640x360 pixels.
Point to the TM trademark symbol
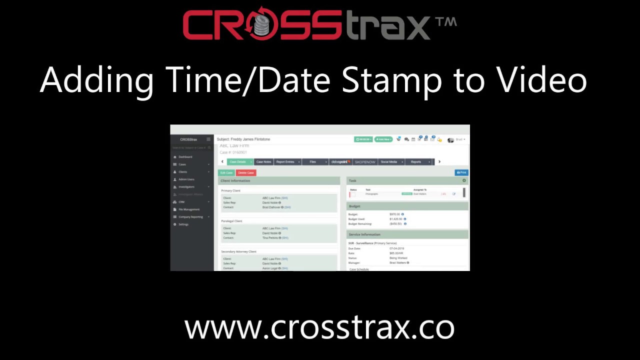click(x=445, y=22)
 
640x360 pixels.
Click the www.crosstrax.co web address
click(x=319, y=328)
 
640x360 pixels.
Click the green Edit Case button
click(x=226, y=172)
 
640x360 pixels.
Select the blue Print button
click(x=461, y=172)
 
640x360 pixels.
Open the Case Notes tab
click(x=263, y=162)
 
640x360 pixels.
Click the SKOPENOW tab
click(x=364, y=162)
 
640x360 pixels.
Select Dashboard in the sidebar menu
click(x=185, y=157)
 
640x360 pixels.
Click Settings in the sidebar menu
click(x=183, y=224)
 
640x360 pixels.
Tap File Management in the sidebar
click(x=189, y=209)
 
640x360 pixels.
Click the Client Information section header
click(x=235, y=180)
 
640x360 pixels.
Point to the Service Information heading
click(x=364, y=234)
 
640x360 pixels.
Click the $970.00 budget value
click(x=395, y=214)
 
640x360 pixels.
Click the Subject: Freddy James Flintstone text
click(x=243, y=139)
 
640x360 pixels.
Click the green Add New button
click(x=383, y=139)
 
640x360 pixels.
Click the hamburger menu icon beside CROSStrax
click(x=208, y=139)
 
